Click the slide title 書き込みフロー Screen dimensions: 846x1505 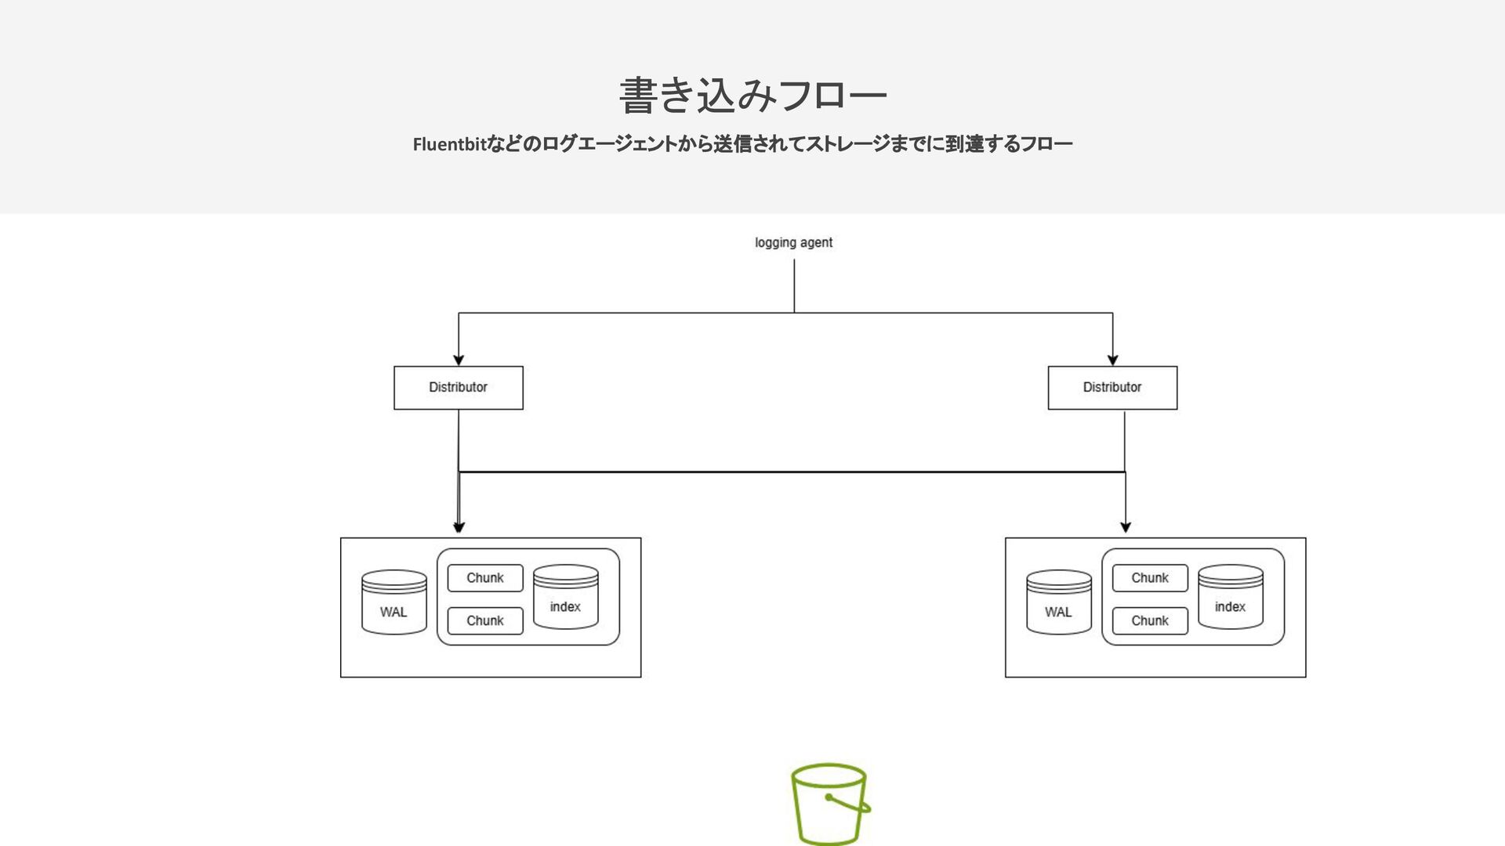752,96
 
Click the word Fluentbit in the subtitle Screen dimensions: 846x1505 450,145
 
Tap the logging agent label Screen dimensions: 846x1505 793,243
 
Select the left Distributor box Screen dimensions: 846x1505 459,388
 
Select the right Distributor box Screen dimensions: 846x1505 1112,388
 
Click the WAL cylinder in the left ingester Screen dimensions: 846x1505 393,602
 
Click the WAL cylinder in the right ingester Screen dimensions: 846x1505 1058,602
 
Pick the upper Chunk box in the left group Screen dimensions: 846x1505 485,578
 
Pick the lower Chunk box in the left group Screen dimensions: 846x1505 485,621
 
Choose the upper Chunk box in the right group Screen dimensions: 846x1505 1150,578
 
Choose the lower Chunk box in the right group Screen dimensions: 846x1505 1150,621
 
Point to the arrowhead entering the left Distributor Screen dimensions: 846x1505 459,360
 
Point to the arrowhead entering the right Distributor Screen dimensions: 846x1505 1112,360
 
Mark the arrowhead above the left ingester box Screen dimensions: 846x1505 459,527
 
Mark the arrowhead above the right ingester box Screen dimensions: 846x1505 1126,527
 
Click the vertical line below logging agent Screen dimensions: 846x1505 794,286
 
